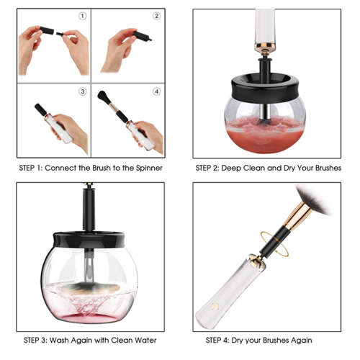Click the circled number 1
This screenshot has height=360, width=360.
tap(83, 15)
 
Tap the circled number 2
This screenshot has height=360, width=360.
tap(157, 15)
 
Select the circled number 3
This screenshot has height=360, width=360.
tap(83, 91)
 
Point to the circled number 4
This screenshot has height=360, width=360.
tap(157, 91)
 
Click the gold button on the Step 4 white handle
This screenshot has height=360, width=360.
tap(213, 307)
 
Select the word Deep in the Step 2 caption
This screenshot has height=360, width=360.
tap(242, 167)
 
